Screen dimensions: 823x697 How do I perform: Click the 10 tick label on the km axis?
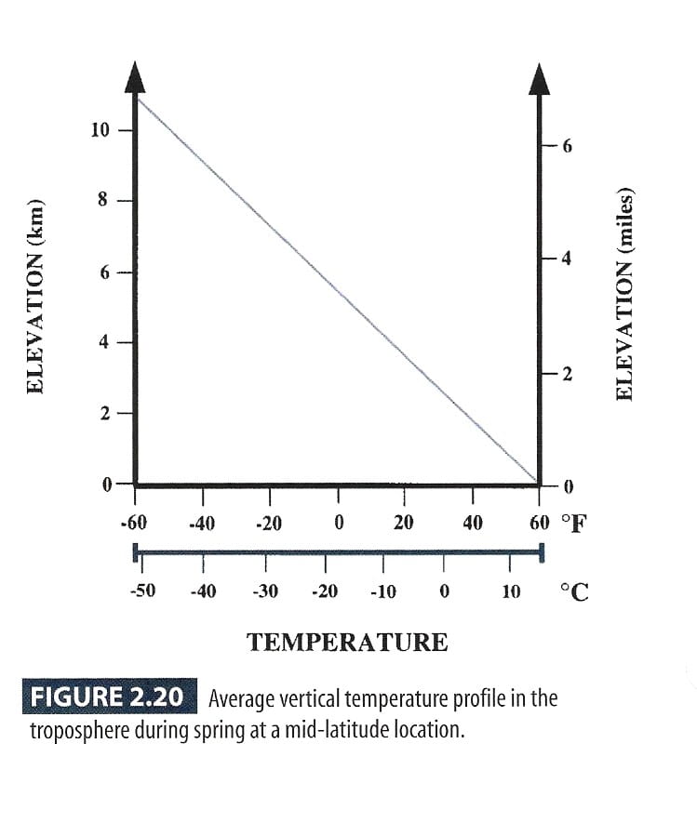click(x=100, y=129)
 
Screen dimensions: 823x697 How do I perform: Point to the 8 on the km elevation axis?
click(x=104, y=200)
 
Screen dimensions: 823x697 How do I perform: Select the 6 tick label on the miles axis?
click(x=570, y=147)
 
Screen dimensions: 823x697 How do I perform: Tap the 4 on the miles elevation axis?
click(x=570, y=259)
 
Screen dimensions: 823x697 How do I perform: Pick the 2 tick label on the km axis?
click(x=104, y=413)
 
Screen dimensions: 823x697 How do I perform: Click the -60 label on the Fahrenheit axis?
click(x=133, y=523)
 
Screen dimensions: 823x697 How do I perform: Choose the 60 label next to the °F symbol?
click(x=540, y=523)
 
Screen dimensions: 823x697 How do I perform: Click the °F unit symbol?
click(x=574, y=523)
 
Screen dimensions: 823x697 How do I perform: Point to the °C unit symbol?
click(x=574, y=591)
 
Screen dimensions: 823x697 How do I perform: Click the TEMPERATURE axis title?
click(x=346, y=642)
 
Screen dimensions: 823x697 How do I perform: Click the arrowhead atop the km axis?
click(x=136, y=77)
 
